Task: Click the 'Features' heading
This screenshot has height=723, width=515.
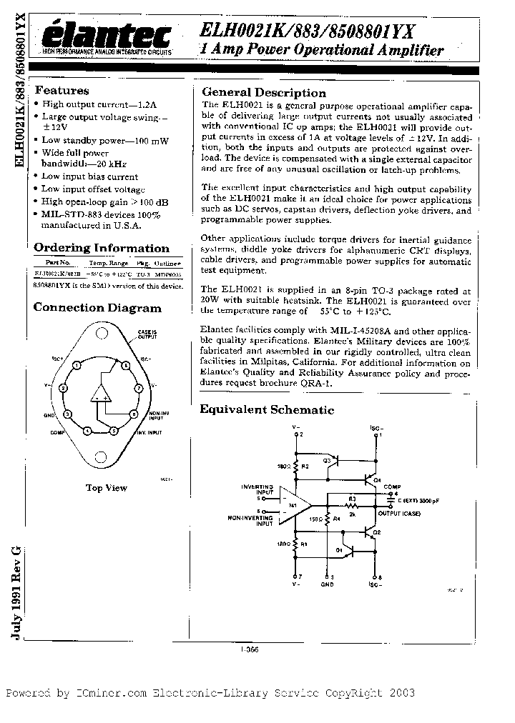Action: (62, 91)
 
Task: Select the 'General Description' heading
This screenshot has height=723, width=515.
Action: (263, 92)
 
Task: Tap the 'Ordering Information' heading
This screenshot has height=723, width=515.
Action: (102, 249)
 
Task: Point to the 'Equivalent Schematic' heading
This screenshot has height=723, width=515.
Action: (266, 409)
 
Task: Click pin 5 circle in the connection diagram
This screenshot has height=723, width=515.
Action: (113, 431)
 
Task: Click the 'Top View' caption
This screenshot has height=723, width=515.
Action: (106, 488)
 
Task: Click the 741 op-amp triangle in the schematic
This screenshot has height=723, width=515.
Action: (293, 505)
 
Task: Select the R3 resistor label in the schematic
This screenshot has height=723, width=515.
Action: (353, 500)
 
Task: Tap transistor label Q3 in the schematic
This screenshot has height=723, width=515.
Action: (327, 461)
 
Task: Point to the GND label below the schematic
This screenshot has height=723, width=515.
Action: (327, 584)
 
